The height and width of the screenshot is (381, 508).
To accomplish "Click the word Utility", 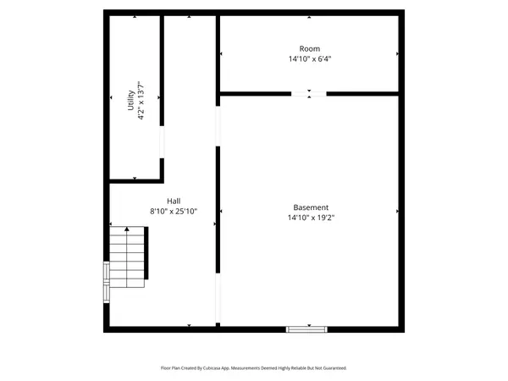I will point(130,99).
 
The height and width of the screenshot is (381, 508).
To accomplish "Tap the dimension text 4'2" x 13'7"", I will point(141,99).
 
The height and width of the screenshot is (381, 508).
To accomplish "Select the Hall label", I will point(173,201).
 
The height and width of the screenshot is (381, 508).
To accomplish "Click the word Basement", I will point(311,207).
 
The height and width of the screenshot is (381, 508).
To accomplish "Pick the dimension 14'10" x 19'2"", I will point(311,218).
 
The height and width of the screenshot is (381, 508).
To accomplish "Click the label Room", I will point(310,49).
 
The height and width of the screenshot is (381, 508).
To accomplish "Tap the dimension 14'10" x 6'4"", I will point(310,59).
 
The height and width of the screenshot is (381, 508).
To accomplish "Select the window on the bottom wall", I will point(307,329).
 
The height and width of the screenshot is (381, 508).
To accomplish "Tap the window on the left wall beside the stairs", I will point(106,282).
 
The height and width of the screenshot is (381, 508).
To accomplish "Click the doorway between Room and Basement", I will point(309,92).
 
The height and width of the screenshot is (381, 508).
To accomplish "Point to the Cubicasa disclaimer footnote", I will point(254,368).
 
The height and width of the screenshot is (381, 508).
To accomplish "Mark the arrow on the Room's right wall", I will point(397,54).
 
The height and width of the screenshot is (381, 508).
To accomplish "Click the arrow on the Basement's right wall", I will point(397,211).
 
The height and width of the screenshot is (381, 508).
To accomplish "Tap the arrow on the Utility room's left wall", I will point(112,99).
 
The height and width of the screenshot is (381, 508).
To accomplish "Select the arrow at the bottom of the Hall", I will point(190,325).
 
